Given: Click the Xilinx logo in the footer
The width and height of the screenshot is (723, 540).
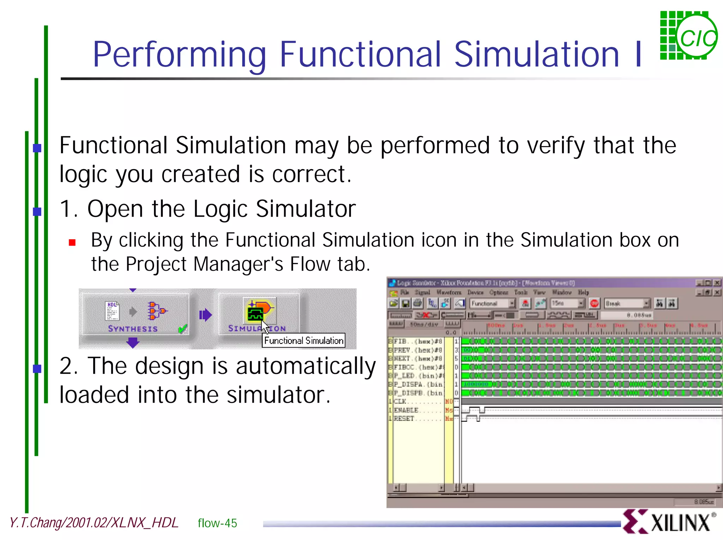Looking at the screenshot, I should [x=669, y=522].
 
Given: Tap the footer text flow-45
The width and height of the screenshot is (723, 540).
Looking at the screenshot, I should [x=217, y=523].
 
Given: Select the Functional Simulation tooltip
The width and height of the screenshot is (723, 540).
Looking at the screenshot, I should [x=304, y=341].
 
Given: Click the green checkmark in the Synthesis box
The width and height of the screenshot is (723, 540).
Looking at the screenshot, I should [x=183, y=329].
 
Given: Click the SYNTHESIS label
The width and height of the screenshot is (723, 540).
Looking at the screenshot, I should [x=133, y=329].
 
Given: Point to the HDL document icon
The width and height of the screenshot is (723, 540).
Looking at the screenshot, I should [x=112, y=311].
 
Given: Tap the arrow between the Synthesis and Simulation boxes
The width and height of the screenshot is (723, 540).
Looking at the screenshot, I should [x=205, y=314].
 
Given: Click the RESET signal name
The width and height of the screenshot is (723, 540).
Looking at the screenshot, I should [x=404, y=419].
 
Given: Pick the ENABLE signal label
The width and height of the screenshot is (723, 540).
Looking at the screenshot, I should [x=406, y=410].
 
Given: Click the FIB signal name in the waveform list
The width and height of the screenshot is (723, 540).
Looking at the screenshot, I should [x=400, y=341].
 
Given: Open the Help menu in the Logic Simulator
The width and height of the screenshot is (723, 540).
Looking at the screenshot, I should [x=583, y=292].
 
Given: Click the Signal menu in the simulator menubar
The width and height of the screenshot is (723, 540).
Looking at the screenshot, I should [x=422, y=292].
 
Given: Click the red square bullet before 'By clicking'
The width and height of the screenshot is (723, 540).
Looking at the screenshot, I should [x=72, y=242].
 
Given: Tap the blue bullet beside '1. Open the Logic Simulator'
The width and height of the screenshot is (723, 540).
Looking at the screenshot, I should [x=37, y=211].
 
